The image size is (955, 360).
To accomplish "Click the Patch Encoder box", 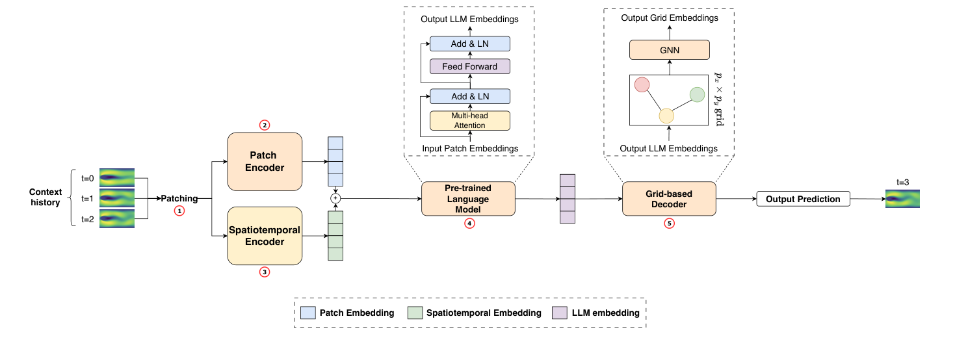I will click(x=265, y=161).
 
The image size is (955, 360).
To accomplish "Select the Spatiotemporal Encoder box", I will click(x=265, y=236).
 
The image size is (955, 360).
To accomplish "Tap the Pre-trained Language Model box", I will click(x=467, y=199).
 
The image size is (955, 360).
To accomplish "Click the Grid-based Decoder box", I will click(x=669, y=199).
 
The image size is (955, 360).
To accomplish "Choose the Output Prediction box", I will click(x=803, y=199).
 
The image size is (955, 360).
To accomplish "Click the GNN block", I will click(x=669, y=49).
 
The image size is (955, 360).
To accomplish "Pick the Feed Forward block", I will click(x=469, y=66).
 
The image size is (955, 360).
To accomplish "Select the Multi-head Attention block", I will click(x=469, y=120).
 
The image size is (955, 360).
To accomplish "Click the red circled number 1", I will click(x=180, y=211).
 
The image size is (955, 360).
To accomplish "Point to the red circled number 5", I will click(x=669, y=224).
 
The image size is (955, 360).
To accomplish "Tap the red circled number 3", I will click(x=265, y=272).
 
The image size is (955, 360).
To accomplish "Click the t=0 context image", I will click(x=116, y=177).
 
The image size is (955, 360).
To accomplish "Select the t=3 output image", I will click(x=902, y=199).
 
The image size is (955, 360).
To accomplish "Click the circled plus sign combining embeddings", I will click(x=335, y=198).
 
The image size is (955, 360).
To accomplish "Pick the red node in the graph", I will click(x=642, y=85).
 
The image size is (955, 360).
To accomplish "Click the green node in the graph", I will click(x=697, y=95).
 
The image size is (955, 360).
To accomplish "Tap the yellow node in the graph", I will click(x=666, y=116).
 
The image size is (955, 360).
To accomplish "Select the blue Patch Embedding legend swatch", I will click(x=309, y=313).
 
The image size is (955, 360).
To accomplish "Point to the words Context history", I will click(x=46, y=197).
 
